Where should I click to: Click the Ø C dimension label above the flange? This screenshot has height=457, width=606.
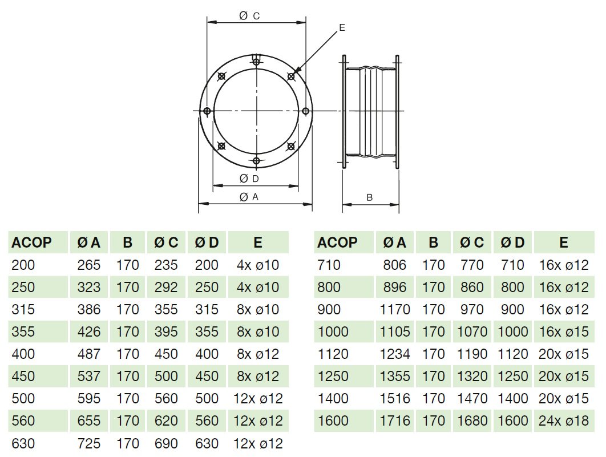tap(249, 17)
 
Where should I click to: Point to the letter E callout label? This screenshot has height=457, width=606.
tap(341, 27)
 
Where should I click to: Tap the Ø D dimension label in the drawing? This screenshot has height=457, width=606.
tap(249, 179)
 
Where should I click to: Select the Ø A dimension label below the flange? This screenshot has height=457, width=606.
tap(249, 197)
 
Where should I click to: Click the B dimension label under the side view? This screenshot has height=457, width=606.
tap(370, 197)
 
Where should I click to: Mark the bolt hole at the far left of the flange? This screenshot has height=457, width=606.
tap(207, 111)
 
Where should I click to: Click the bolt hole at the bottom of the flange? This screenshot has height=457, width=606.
tap(256, 161)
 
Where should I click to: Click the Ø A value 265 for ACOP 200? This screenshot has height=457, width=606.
tap(88, 265)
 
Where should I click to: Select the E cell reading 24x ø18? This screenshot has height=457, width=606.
tap(563, 420)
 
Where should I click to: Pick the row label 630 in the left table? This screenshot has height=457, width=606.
tap(23, 443)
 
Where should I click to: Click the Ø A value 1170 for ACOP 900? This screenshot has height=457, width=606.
tap(395, 309)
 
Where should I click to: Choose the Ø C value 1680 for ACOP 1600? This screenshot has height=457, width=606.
tap(472, 420)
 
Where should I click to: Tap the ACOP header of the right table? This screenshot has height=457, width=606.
tap(337, 242)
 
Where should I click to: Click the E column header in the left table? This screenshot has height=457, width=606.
tap(258, 242)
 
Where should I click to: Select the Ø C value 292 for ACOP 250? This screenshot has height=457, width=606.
tap(166, 287)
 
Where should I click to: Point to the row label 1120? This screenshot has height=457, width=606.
tap(333, 354)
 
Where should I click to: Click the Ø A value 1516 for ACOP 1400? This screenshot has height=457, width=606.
tap(395, 398)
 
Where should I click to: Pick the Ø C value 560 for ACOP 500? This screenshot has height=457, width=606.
tap(166, 398)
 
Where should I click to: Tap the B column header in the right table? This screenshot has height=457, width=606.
tap(434, 242)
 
